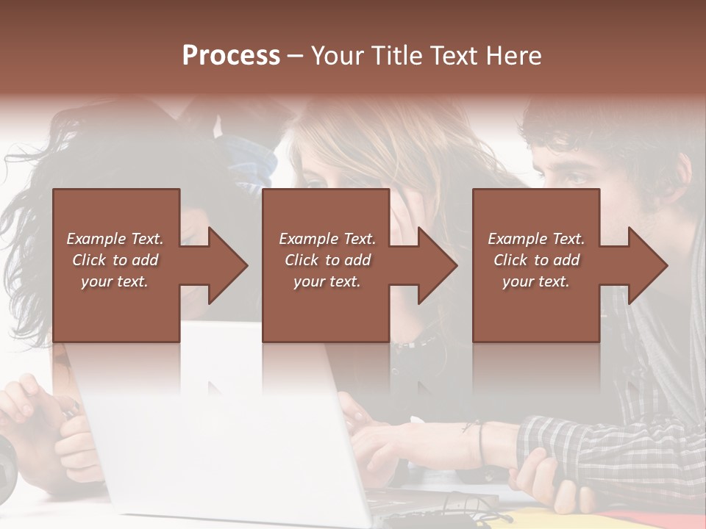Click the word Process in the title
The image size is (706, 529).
click(231, 56)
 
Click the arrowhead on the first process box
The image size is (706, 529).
click(224, 265)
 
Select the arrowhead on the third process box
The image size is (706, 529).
click(644, 265)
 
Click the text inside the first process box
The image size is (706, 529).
click(115, 260)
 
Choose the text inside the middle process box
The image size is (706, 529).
click(327, 260)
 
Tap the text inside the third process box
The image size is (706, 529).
click(536, 260)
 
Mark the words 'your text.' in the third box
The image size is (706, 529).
click(536, 281)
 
